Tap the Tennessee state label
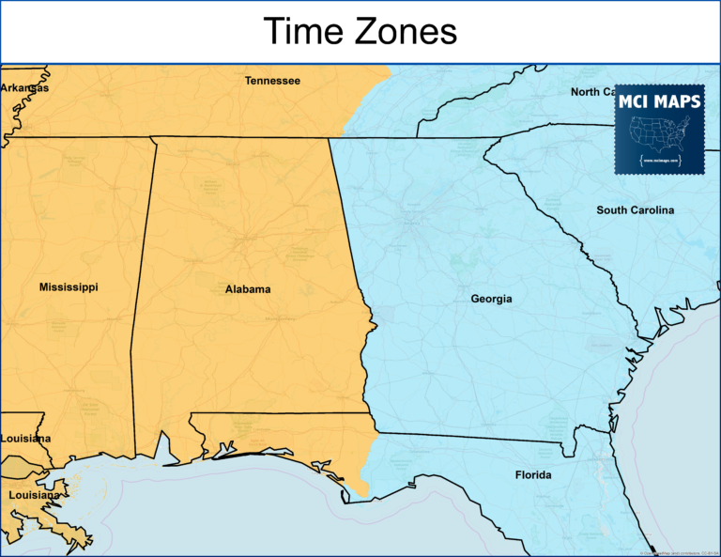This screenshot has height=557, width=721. pos(272,81)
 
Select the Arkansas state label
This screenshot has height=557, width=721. pos(24,87)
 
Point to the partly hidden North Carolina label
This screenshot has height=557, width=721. pos(592,92)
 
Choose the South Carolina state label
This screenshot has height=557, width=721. pos(635,210)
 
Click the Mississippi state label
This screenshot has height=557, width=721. pos(69,286)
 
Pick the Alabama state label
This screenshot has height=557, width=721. pos(248,289)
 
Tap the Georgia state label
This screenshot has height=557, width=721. pos(491,299)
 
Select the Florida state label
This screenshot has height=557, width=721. pos(533,475)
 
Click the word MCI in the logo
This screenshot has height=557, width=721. pos(637,101)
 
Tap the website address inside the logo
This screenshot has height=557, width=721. pos(659,160)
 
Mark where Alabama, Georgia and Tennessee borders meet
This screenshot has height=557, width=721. pos(329,138)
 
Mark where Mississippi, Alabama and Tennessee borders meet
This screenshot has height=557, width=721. pos(152,138)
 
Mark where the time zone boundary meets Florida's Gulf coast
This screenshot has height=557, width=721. pos(365,496)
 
